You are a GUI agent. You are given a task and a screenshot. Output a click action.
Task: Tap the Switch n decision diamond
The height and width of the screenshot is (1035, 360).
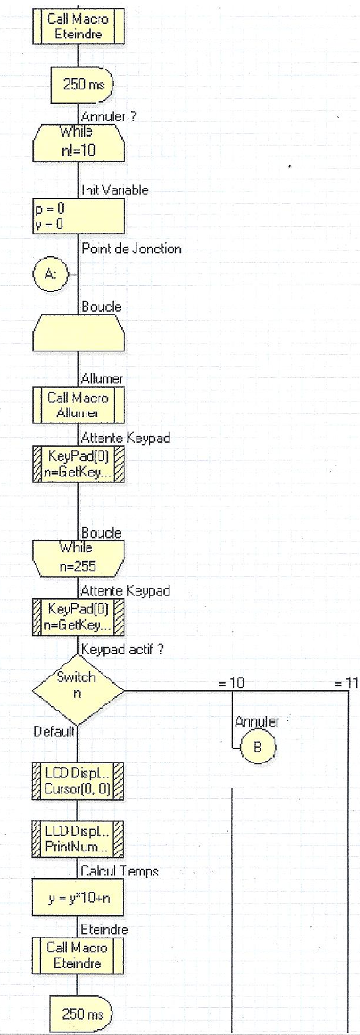pos(77,693)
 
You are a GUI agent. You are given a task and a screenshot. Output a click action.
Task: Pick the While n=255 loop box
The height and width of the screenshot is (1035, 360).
pos(77,558)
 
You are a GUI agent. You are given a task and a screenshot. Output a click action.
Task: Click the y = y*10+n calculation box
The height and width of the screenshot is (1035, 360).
pos(77,899)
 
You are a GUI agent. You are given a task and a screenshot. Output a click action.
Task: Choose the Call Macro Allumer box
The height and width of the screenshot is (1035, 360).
pos(77,404)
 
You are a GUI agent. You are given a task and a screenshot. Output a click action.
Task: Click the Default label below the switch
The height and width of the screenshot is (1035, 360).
pos(54,732)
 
